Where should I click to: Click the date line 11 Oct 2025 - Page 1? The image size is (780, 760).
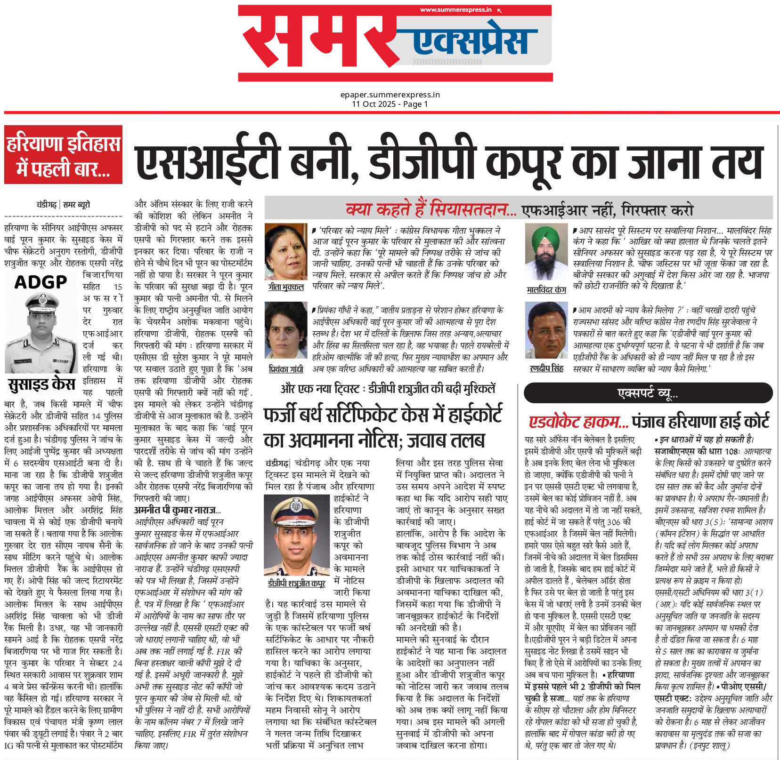pos(390,104)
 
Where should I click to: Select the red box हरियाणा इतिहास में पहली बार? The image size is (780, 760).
pos(63,155)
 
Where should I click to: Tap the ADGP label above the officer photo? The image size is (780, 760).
pos(41,282)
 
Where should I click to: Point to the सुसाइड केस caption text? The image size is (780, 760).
pos(41,385)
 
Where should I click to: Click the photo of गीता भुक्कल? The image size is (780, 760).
pos(286,252)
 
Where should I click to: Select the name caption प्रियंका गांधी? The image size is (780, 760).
pos(286,369)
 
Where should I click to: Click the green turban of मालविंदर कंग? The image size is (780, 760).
pos(545,233)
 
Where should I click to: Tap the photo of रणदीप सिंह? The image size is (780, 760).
pos(546,331)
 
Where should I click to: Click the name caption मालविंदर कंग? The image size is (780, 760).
pos(546,290)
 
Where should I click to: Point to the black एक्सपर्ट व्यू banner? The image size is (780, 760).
pos(648,393)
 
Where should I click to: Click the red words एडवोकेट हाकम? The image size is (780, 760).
pos(578,421)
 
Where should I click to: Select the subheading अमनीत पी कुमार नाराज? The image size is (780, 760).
pos(177,510)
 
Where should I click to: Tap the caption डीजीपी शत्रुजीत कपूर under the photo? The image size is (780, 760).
pos(296,584)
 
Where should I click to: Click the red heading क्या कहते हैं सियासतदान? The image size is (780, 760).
pos(431,209)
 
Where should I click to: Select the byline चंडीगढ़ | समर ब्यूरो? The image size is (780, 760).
pos(63,205)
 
